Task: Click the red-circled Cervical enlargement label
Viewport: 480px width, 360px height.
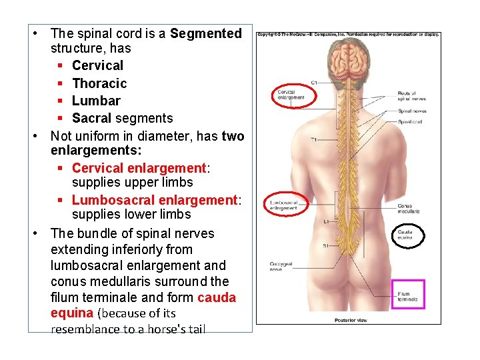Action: (290, 95)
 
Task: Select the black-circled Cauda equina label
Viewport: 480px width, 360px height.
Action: (406, 234)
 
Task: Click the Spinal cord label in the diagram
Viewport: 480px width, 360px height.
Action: (409, 122)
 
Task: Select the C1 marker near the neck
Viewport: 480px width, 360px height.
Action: (314, 83)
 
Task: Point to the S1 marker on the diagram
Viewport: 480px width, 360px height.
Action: (325, 246)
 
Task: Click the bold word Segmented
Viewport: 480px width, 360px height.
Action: (206, 33)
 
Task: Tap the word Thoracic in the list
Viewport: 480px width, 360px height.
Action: (99, 83)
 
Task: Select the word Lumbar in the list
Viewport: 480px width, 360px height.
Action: (96, 101)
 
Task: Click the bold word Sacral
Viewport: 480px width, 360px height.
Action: (92, 118)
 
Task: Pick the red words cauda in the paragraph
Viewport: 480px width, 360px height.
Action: (217, 297)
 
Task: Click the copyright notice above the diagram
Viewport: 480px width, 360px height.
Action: (348, 34)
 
